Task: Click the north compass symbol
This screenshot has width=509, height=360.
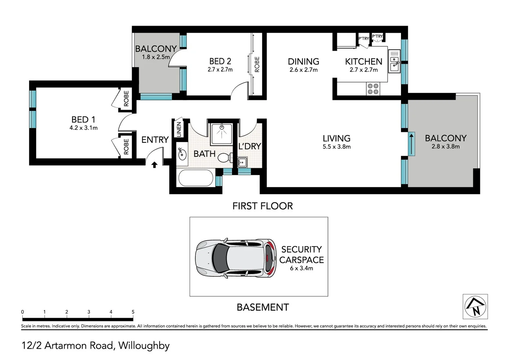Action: [475, 306]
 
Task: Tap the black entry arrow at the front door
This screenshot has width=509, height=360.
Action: [154, 165]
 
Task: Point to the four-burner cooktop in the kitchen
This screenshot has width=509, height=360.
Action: [373, 89]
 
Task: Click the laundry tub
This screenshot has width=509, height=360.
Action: [242, 162]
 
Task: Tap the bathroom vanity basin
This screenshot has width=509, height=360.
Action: [182, 154]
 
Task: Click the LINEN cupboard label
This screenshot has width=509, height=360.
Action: [179, 129]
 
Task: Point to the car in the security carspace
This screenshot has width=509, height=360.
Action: [236, 258]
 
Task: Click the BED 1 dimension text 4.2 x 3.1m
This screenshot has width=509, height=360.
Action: [83, 128]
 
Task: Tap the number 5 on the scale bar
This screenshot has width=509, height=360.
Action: [133, 312]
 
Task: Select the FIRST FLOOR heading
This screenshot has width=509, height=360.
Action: [263, 206]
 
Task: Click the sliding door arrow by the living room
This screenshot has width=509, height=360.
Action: [412, 144]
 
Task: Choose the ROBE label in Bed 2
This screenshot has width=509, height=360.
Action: [257, 64]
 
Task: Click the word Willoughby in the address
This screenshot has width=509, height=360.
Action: [144, 346]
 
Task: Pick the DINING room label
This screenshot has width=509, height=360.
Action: [303, 62]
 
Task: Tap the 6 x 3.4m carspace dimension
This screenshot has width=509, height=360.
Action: [301, 268]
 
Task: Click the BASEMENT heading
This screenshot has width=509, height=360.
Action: [263, 307]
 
